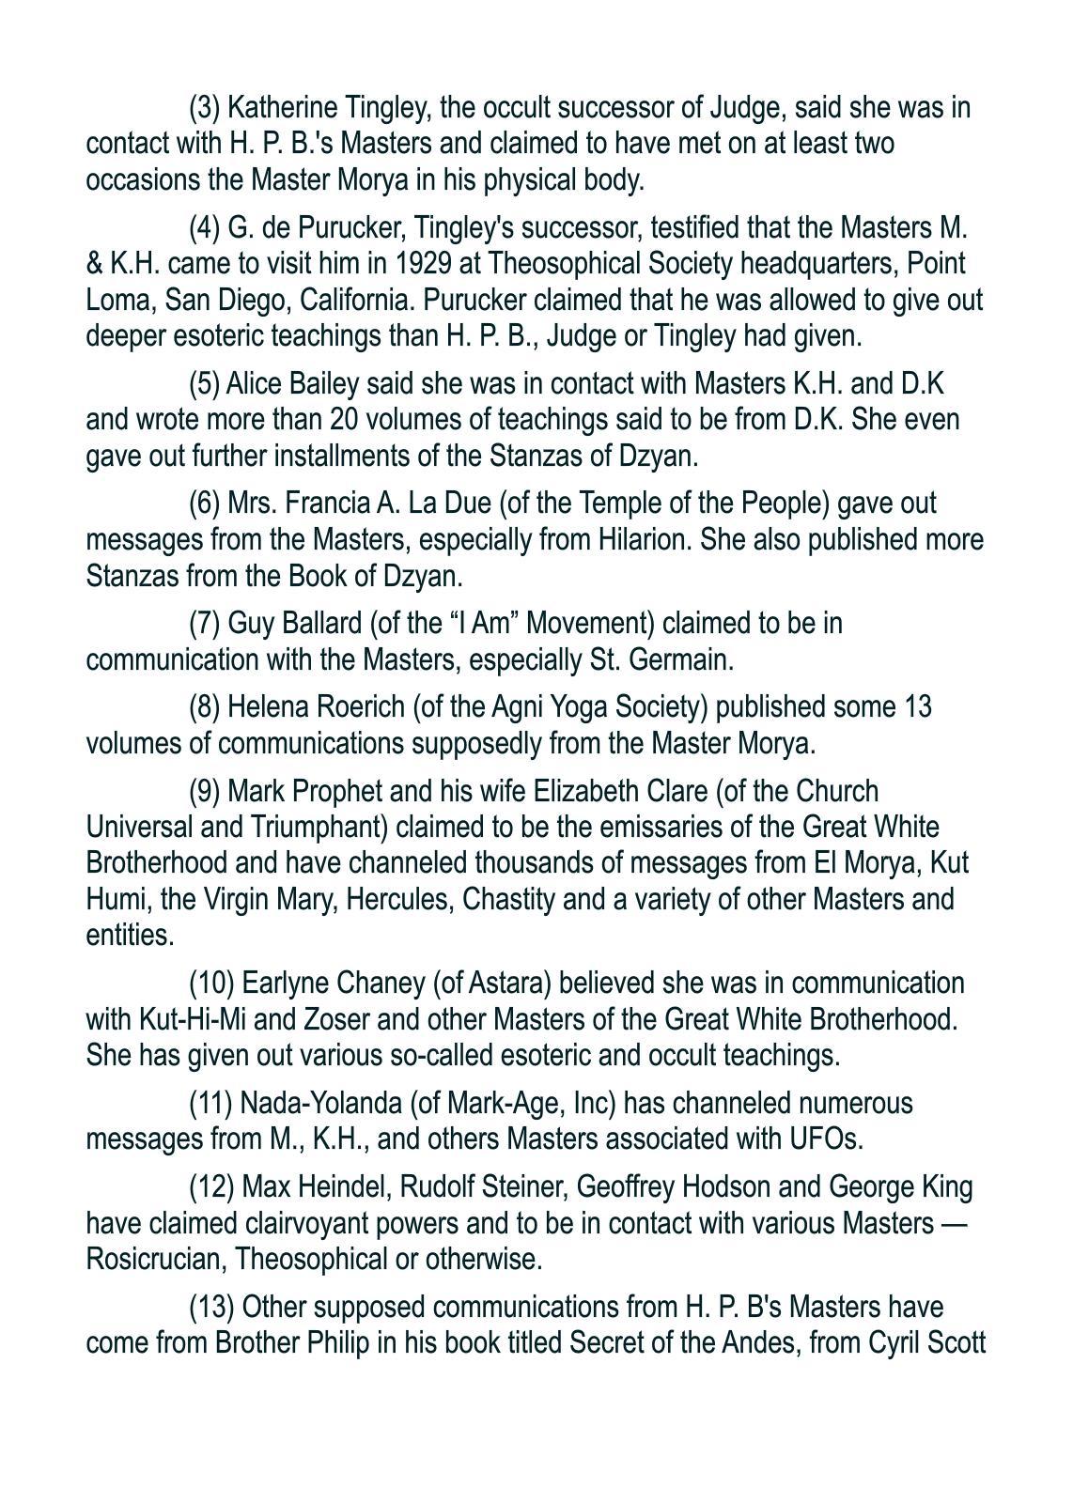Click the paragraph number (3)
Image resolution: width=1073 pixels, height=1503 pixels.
[x=205, y=108]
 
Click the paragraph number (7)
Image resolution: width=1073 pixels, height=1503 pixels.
[x=205, y=624]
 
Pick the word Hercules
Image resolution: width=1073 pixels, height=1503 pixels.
[x=396, y=899]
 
